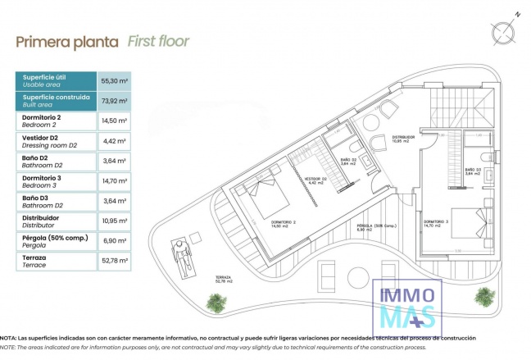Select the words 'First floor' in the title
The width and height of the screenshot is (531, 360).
coord(159,41)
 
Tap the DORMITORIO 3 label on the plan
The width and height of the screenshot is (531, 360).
coord(436,221)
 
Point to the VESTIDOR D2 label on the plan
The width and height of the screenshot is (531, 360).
coord(315,179)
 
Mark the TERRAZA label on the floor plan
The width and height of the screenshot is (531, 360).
coord(224,279)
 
